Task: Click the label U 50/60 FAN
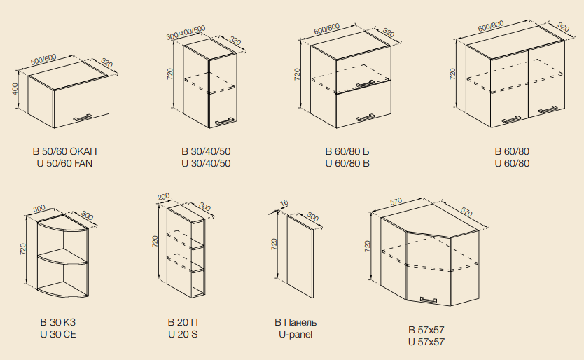pyautogui.click(x=64, y=163)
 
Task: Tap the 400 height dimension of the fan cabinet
pyautogui.click(x=15, y=90)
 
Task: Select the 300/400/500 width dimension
pyautogui.click(x=186, y=33)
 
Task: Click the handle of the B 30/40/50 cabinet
pyautogui.click(x=224, y=121)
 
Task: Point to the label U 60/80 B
pyautogui.click(x=347, y=163)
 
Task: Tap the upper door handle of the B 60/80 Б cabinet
pyautogui.click(x=365, y=83)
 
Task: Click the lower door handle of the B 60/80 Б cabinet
pyautogui.click(x=365, y=118)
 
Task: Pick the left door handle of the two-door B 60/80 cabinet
pyautogui.click(x=511, y=120)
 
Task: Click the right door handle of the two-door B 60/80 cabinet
pyautogui.click(x=548, y=109)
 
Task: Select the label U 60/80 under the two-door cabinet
pyautogui.click(x=512, y=163)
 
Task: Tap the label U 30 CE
pyautogui.click(x=58, y=334)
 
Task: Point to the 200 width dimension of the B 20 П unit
pyautogui.click(x=163, y=196)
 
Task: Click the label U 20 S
pyautogui.click(x=183, y=334)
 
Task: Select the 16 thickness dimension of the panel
pyautogui.click(x=284, y=202)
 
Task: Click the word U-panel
pyautogui.click(x=296, y=334)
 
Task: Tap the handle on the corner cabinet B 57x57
pyautogui.click(x=429, y=300)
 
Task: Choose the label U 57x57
pyautogui.click(x=426, y=342)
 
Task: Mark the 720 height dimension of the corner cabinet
pyautogui.click(x=368, y=246)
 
